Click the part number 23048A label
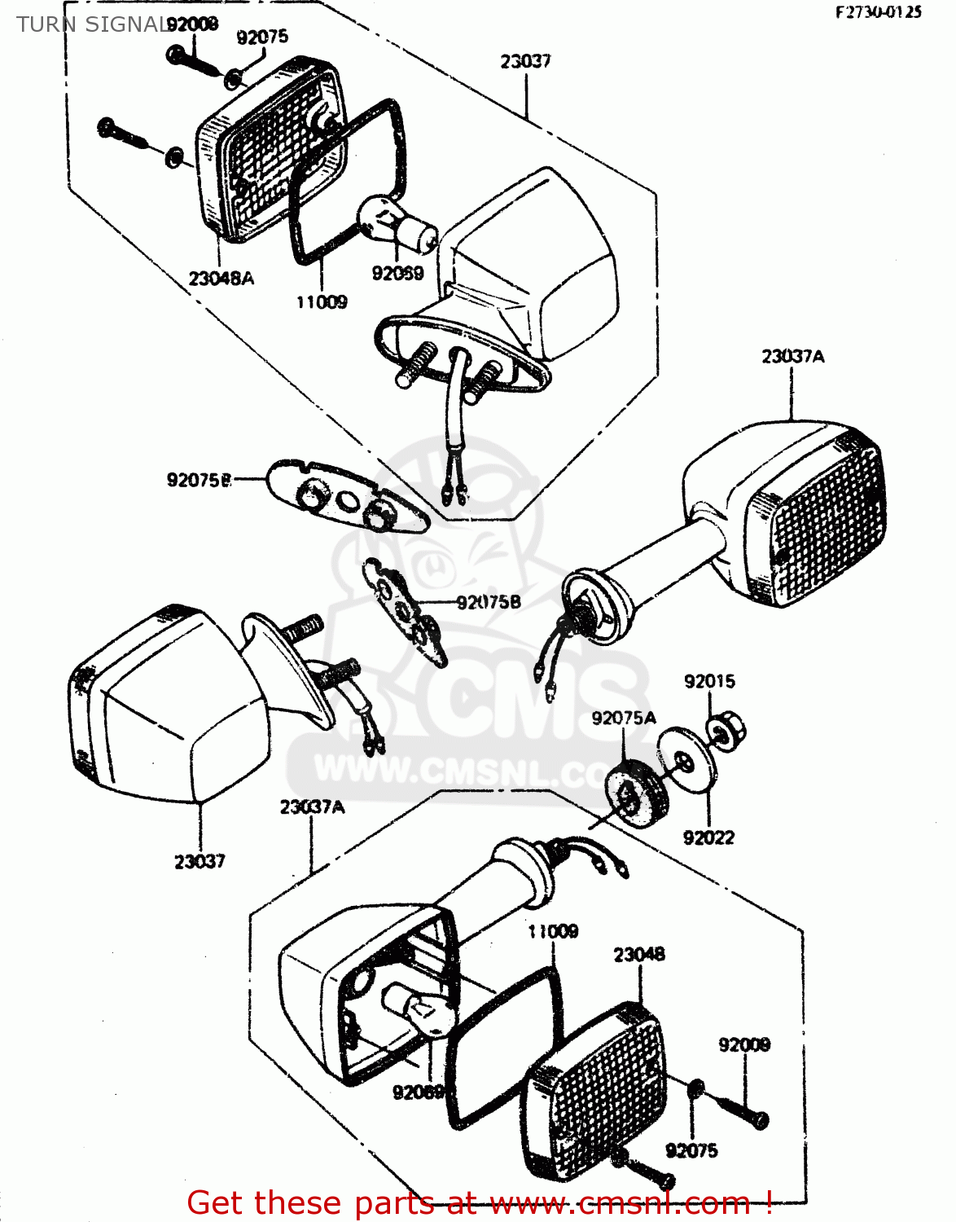[x=221, y=279]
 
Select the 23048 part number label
[x=638, y=954]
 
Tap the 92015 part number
[x=709, y=681]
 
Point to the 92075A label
[x=624, y=718]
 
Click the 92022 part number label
[x=708, y=837]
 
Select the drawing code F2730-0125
[x=878, y=11]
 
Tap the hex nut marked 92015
[x=721, y=730]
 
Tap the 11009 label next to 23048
[x=553, y=931]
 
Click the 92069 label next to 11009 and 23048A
[x=397, y=274]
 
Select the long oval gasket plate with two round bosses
[x=348, y=495]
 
